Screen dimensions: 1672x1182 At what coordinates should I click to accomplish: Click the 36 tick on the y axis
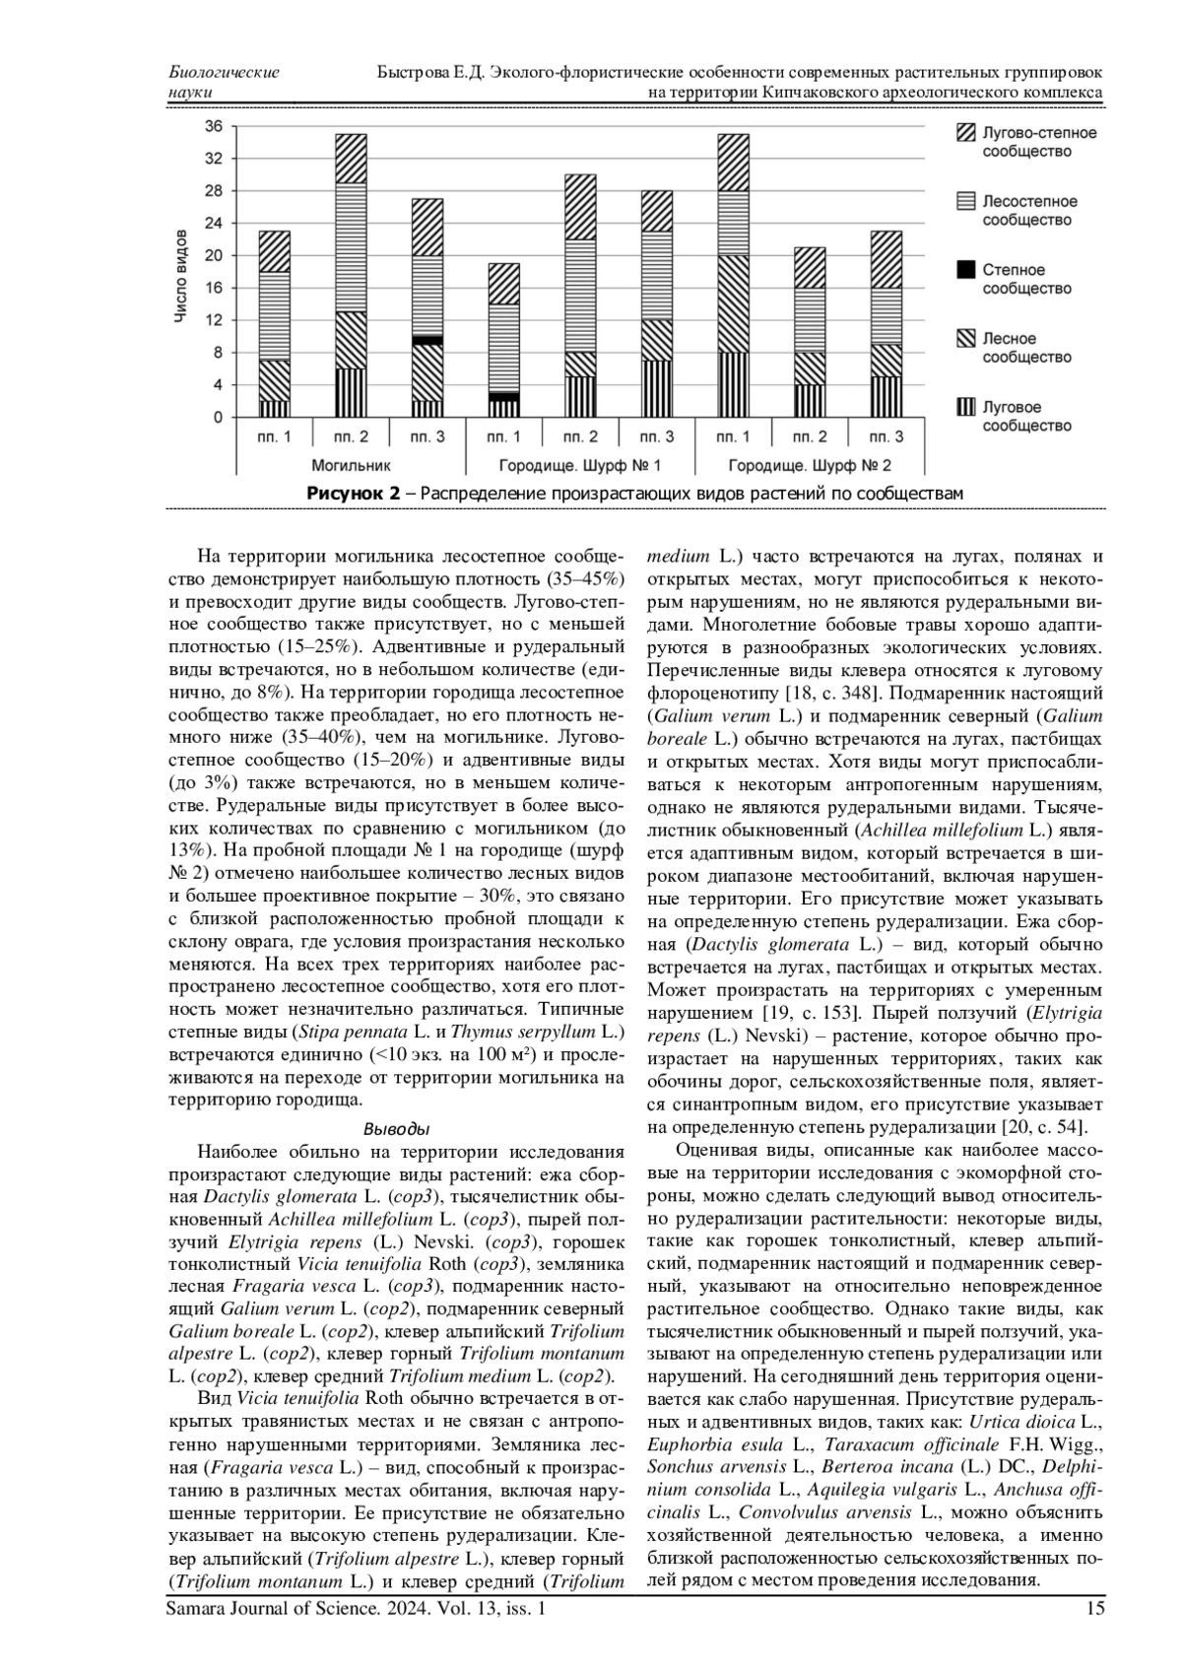click(215, 126)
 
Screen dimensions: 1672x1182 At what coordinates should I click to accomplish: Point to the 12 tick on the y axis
click(215, 320)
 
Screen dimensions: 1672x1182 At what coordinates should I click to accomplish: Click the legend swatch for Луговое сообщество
click(966, 407)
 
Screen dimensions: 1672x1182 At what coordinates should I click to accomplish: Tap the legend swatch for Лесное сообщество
click(966, 339)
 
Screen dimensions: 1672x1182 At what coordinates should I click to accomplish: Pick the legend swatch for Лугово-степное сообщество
click(966, 133)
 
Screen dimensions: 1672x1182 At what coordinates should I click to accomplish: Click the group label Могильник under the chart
click(351, 464)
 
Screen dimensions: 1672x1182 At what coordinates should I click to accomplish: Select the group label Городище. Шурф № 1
click(580, 464)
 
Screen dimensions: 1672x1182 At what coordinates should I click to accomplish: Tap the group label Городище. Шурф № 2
click(810, 464)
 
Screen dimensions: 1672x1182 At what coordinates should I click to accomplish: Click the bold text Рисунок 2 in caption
click(354, 493)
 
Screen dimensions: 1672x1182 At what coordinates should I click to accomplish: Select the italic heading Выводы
click(396, 1128)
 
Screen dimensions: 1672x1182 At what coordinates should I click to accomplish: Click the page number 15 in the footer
click(1094, 1609)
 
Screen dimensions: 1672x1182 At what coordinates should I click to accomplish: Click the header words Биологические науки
click(224, 82)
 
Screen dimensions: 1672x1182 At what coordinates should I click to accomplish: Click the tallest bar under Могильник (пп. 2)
click(351, 276)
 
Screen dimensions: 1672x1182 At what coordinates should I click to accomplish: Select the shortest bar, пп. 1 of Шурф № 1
click(504, 340)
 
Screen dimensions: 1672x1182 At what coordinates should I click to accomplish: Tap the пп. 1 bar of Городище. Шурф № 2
click(733, 276)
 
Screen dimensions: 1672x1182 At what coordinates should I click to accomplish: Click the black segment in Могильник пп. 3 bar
click(427, 340)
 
